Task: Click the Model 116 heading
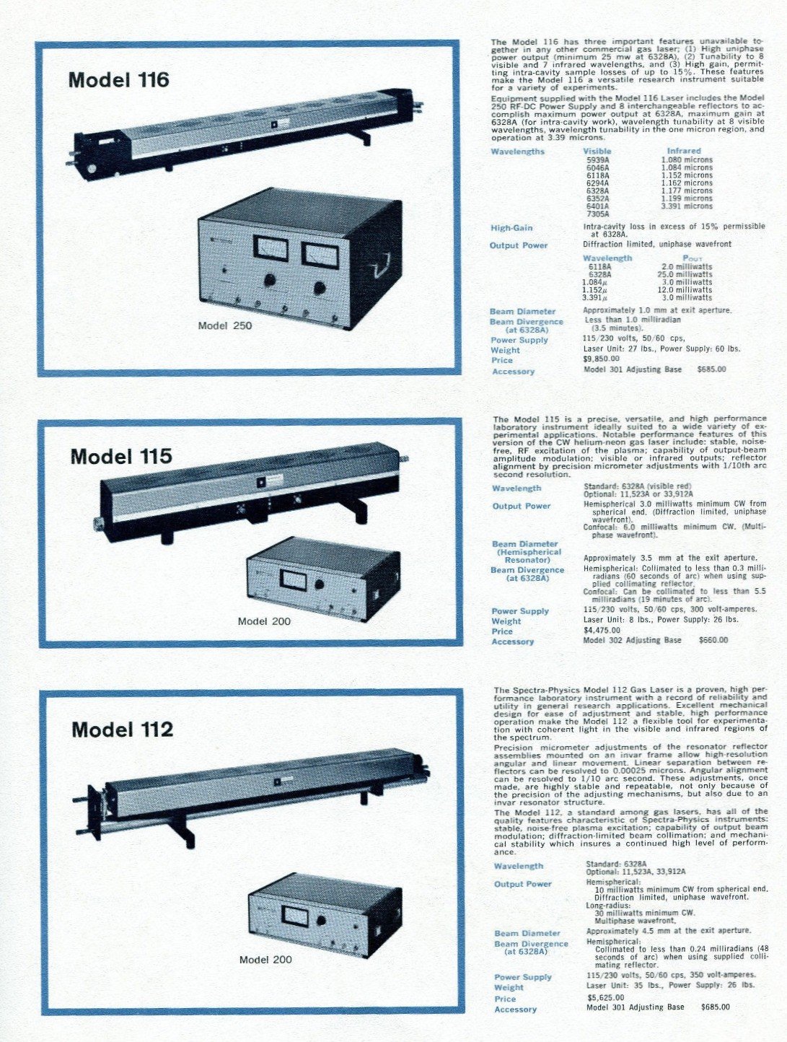118,79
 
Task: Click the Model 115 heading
121,456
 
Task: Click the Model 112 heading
122,730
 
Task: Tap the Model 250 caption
225,325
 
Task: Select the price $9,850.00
602,359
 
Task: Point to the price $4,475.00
602,631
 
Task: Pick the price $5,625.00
606,998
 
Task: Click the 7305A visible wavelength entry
598,214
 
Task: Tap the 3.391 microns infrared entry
687,206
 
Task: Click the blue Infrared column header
684,151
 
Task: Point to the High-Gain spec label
511,228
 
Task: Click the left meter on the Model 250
271,248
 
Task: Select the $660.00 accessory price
713,640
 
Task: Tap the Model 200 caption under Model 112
265,960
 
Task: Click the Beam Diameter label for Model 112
527,933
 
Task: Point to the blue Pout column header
692,258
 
